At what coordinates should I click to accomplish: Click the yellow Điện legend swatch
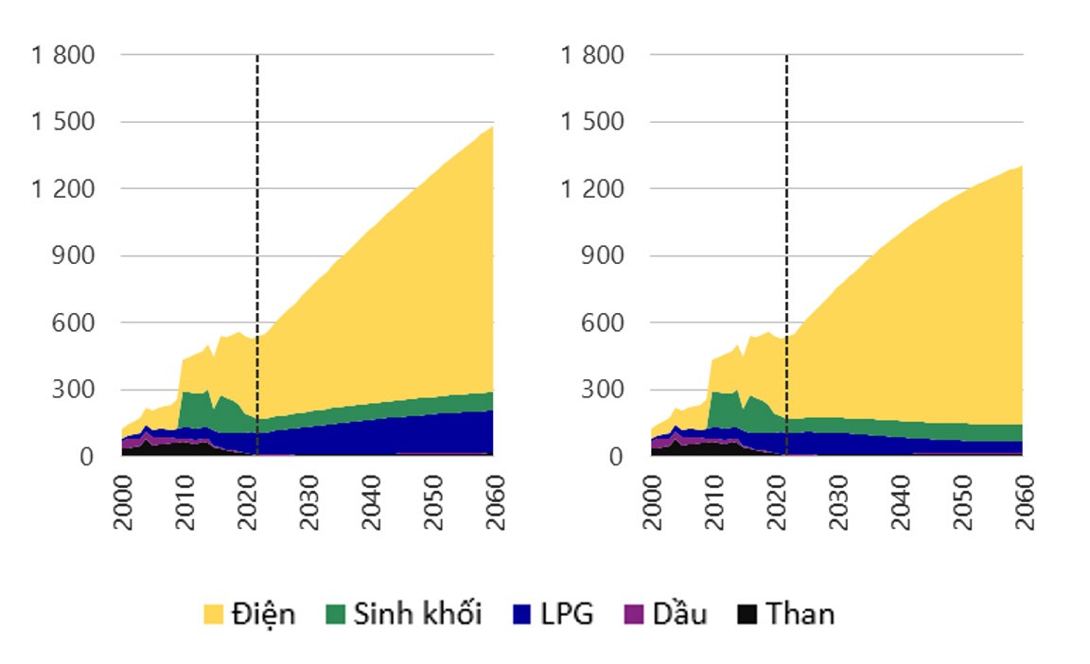(x=215, y=615)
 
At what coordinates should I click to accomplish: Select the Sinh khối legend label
(x=417, y=615)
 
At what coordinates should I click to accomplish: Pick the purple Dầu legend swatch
(x=633, y=615)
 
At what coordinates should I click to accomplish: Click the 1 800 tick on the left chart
(x=63, y=55)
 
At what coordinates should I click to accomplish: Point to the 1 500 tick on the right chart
(x=593, y=122)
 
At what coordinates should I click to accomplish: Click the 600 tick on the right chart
(x=605, y=323)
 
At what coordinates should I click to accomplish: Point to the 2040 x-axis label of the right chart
(x=900, y=502)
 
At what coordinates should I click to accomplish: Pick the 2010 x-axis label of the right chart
(x=715, y=502)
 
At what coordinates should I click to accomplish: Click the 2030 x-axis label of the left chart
(x=308, y=502)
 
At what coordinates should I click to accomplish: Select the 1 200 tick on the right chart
(x=593, y=189)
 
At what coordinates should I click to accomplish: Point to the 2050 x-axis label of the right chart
(x=961, y=502)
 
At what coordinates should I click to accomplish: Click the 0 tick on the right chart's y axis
(x=616, y=457)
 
